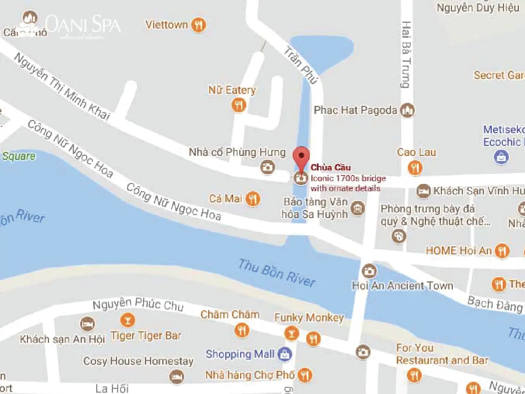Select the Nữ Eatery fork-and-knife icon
tap(238, 105)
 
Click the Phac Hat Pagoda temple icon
tap(408, 110)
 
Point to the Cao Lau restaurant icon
tap(414, 167)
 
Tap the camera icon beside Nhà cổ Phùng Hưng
tap(267, 166)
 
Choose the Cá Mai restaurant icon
tap(253, 199)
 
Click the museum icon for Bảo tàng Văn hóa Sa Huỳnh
tap(358, 208)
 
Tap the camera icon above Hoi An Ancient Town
tap(369, 271)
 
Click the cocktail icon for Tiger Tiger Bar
tap(127, 320)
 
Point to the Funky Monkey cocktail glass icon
tap(290, 334)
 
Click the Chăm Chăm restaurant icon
tap(241, 330)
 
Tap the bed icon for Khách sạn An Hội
tap(87, 324)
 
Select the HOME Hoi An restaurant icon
tap(502, 251)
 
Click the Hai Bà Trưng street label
tap(406, 54)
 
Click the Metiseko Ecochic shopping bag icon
tap(501, 157)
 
